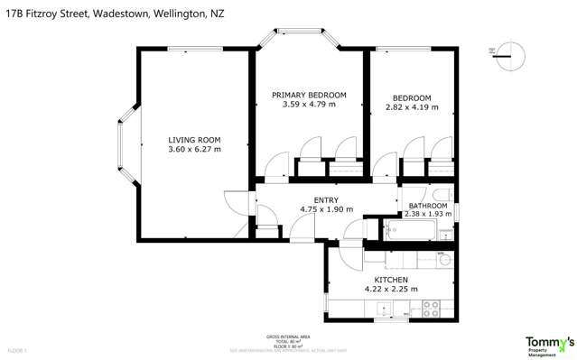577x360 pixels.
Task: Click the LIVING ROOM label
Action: [x=194, y=140]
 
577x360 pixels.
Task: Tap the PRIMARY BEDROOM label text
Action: [x=309, y=95]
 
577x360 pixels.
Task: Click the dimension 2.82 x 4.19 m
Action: [x=412, y=107]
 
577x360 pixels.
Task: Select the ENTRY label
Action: [x=326, y=199]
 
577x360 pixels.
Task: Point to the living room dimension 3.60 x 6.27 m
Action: [x=194, y=150]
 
